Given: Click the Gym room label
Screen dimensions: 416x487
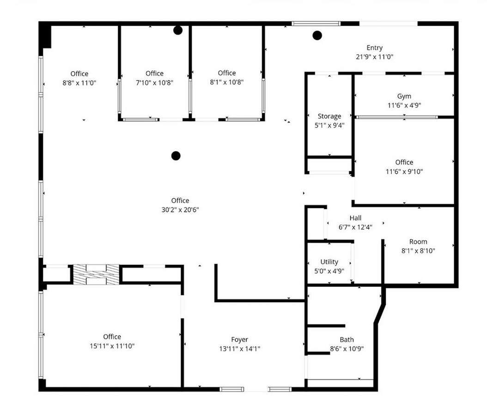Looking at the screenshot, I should [404, 96].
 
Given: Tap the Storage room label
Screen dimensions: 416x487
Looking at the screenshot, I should [329, 116].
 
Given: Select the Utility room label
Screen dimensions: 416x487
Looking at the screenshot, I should [329, 262].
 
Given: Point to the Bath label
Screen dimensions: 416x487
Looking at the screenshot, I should [347, 340].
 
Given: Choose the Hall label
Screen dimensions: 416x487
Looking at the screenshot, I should [355, 218].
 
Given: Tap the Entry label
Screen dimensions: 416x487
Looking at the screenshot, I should [374, 48].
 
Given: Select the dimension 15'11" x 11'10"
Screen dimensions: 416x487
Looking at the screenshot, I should [112, 346].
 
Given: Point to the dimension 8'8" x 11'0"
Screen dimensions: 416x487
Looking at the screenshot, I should [79, 83].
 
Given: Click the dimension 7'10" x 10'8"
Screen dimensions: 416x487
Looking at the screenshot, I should [154, 82].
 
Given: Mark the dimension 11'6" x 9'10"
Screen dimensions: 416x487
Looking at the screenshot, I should [404, 171].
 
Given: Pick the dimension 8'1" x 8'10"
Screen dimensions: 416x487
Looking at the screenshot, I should [418, 251].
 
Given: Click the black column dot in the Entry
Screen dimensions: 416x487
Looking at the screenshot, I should [317, 35].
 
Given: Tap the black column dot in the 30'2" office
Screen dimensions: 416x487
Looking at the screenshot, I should [176, 156].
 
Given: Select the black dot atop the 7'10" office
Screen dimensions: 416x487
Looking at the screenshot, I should [178, 31].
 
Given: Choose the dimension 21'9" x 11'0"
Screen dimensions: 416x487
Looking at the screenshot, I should [374, 57].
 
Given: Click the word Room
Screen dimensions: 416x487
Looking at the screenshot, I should [418, 241].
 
